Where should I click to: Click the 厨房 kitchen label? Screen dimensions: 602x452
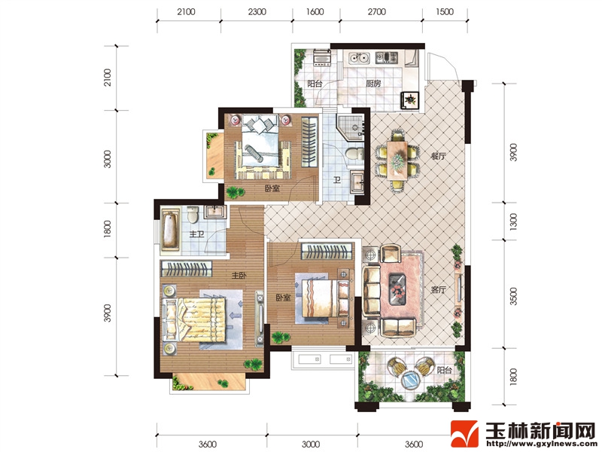point(373,83)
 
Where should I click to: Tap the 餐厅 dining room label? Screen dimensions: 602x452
point(438,156)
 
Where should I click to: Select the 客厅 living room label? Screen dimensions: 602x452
point(438,289)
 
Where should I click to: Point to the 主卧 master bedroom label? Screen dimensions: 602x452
point(239,276)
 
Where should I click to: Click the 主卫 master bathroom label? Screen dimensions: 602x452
point(196,234)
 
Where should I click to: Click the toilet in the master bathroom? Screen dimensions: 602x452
point(193,215)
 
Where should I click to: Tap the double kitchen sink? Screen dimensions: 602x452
point(359,58)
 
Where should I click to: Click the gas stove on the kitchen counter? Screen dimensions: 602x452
point(387,58)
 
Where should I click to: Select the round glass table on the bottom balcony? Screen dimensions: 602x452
point(411,381)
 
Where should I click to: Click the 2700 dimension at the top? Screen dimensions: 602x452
point(377,12)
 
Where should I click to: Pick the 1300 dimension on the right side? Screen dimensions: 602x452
point(513,221)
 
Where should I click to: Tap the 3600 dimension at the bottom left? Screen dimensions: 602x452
point(208,444)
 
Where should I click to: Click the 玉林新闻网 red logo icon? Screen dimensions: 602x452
point(464,434)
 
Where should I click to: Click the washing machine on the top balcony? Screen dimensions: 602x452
point(322,57)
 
